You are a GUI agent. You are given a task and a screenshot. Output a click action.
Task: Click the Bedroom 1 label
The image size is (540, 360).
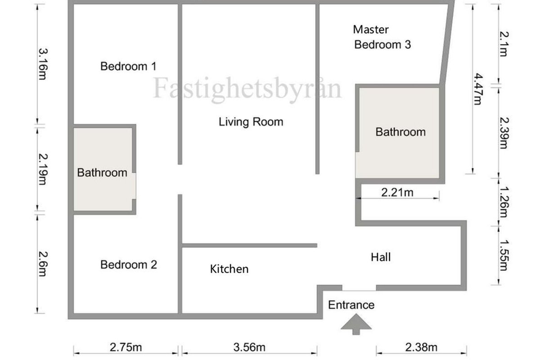(129, 66)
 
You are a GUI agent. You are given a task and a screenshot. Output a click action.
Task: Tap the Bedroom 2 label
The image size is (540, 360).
(129, 265)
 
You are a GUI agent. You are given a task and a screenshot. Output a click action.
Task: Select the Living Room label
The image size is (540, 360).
(251, 122)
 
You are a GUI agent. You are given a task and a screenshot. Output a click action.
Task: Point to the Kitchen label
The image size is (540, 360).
(229, 269)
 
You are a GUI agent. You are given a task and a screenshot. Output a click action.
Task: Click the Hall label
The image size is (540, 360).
(381, 257)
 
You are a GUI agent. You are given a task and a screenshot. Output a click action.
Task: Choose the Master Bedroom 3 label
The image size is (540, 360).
(382, 37)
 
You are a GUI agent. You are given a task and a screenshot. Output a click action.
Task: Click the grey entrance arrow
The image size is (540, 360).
(356, 324)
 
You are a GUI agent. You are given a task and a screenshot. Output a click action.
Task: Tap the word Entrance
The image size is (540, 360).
(351, 305)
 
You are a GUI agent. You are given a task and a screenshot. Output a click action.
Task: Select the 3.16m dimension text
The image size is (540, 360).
(43, 64)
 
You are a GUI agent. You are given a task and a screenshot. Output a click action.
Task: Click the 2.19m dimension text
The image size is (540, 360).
(43, 169)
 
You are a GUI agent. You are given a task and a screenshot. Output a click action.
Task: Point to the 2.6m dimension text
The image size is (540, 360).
(43, 264)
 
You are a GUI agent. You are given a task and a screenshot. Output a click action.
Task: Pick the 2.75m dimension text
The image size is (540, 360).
(126, 347)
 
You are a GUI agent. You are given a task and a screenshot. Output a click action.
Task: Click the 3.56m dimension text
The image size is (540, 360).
(249, 347)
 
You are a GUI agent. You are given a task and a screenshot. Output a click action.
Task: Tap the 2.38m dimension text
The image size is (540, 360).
(421, 347)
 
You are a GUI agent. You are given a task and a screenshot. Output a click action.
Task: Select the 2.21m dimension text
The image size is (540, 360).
(397, 193)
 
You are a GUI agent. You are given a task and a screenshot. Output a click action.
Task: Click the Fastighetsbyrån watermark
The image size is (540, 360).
(247, 89)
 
